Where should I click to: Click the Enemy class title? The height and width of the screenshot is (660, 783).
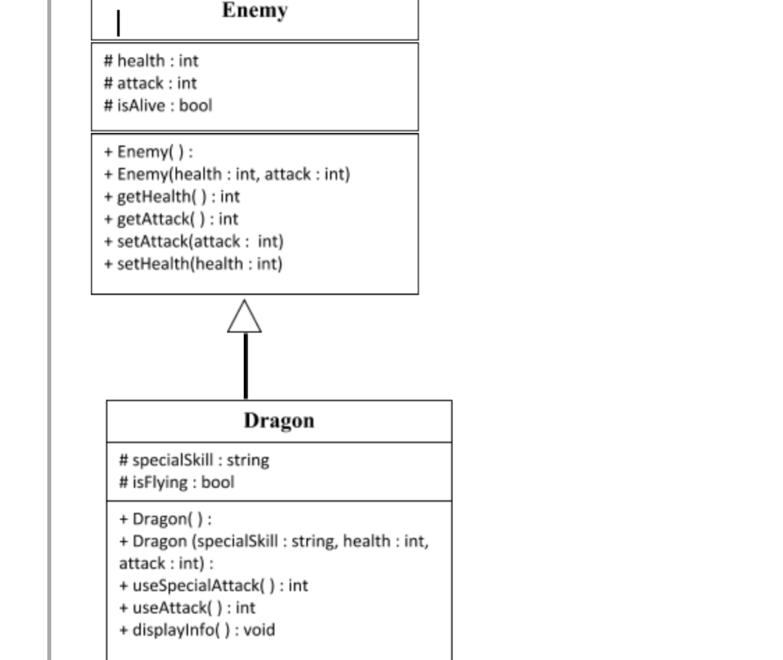pos(255,11)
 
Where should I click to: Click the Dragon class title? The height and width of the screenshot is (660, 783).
pos(279,421)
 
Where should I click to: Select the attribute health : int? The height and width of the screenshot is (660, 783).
pos(151,61)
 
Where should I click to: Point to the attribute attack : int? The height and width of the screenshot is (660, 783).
pos(150,84)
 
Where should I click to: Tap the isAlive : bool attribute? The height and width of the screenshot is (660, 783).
pos(158,106)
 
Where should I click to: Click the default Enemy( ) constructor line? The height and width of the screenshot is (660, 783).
pos(148,152)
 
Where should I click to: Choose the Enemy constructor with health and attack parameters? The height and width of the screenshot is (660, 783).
pos(226,174)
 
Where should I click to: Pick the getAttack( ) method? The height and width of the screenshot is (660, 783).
pos(170,219)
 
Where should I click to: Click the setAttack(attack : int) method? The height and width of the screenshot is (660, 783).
pos(193,242)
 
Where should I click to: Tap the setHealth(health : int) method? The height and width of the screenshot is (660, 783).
pos(193,264)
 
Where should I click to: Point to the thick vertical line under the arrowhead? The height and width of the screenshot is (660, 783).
pos(246,366)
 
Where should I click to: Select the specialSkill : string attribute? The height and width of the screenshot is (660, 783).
pos(194,460)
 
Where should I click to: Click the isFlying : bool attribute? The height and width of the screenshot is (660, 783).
pos(176,482)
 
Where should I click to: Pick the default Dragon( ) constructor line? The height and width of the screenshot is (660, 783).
pos(165,519)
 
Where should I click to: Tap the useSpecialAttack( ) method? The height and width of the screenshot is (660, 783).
pos(213,586)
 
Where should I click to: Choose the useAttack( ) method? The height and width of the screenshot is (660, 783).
pos(187,608)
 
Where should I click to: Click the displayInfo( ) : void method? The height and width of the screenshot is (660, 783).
pos(196,630)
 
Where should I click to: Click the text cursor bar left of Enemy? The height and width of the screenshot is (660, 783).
pos(118,23)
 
